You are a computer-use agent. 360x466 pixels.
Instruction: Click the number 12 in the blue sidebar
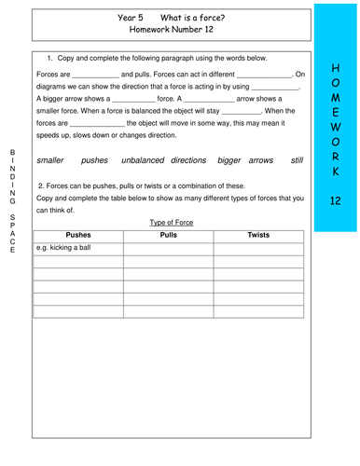click(337, 201)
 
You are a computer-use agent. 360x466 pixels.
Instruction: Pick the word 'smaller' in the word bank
click(56, 160)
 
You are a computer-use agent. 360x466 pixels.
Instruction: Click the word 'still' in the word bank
click(297, 160)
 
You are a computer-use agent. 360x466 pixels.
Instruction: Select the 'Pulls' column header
click(169, 236)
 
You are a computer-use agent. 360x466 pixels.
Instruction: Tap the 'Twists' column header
click(258, 236)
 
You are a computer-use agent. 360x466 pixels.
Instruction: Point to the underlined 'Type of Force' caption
click(169, 222)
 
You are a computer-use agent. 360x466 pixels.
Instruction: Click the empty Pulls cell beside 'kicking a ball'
click(169, 249)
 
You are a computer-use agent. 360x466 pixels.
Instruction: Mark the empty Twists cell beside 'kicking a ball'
click(258, 249)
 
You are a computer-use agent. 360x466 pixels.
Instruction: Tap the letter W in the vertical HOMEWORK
click(337, 127)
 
